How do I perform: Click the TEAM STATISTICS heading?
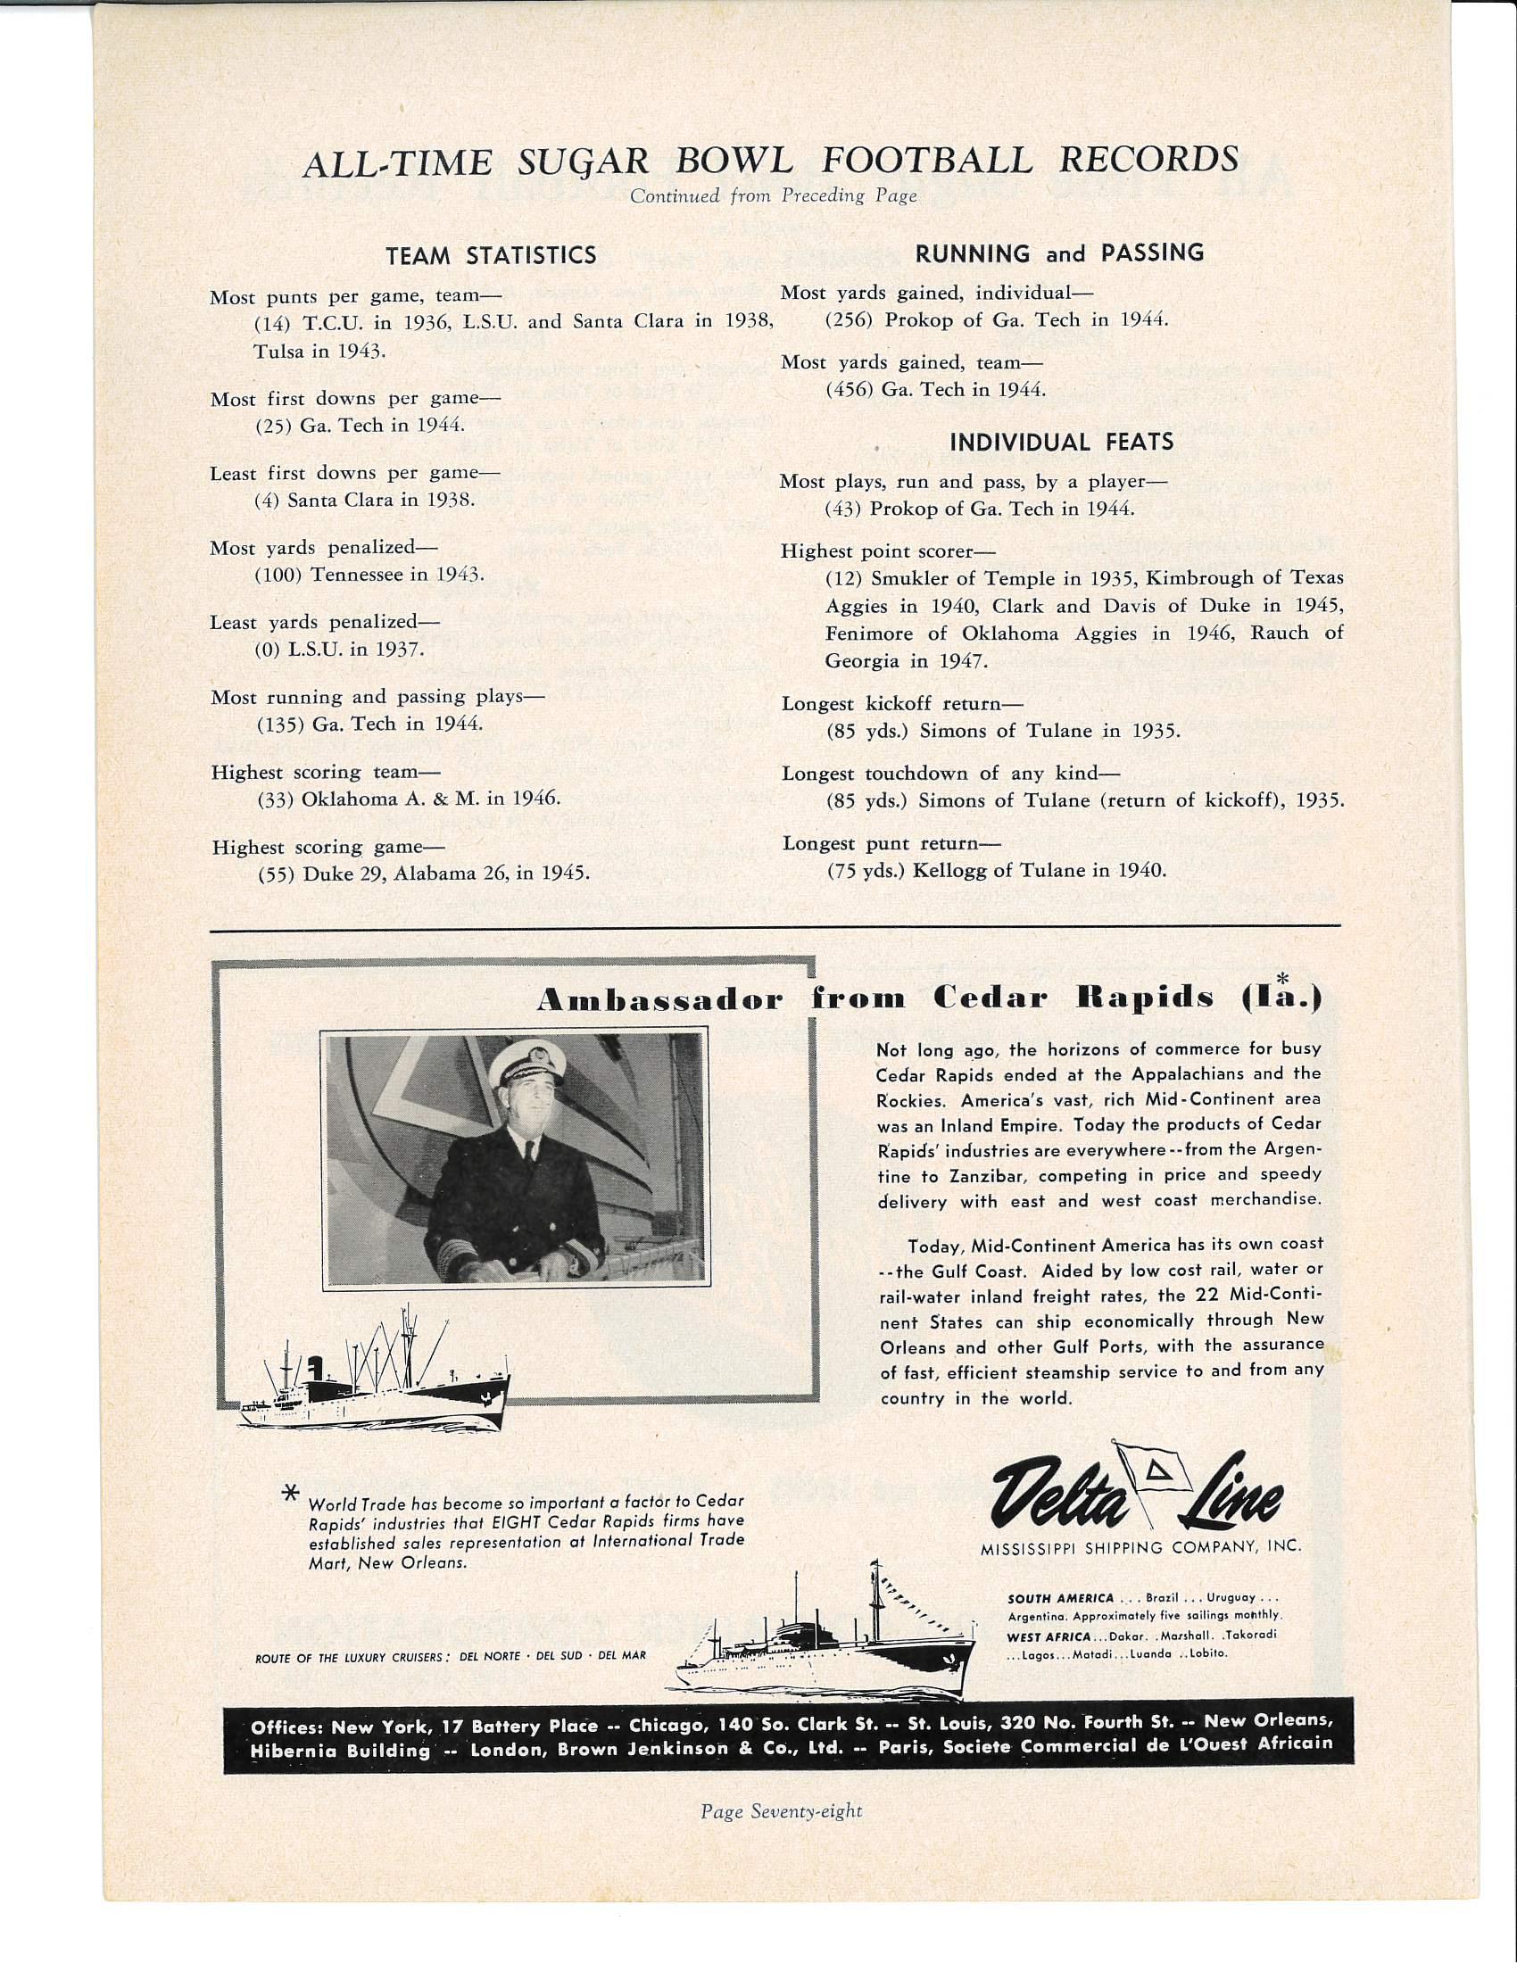(491, 256)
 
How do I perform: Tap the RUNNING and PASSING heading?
(1059, 254)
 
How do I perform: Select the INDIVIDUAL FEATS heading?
(1061, 443)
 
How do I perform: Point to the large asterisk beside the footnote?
(290, 1494)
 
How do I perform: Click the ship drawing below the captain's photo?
(373, 1378)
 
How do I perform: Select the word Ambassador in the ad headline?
(659, 1001)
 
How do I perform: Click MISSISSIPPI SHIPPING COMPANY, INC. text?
(1140, 1547)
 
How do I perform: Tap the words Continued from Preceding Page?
(773, 196)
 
